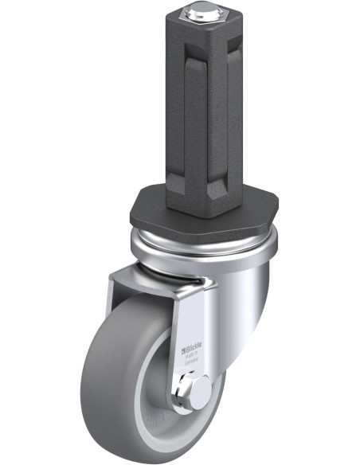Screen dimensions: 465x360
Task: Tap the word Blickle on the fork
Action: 198,345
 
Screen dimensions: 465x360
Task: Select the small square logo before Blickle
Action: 187,345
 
